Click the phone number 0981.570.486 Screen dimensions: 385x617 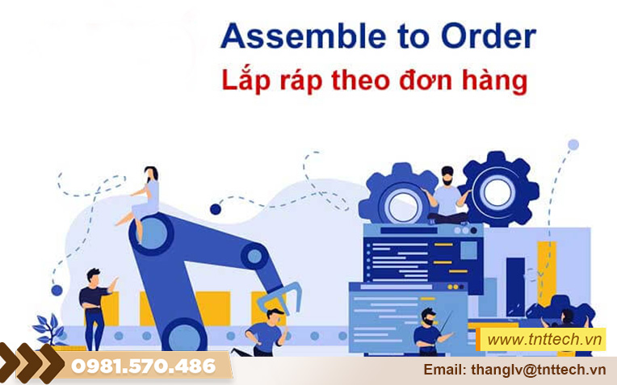[x=145, y=366]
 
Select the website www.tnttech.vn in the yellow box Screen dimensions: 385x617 [x=546, y=340]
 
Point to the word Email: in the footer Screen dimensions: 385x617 [x=444, y=369]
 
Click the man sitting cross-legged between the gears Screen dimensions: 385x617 [x=447, y=198]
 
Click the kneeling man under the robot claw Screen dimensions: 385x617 [x=267, y=326]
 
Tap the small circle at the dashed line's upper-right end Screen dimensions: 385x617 [x=573, y=145]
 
